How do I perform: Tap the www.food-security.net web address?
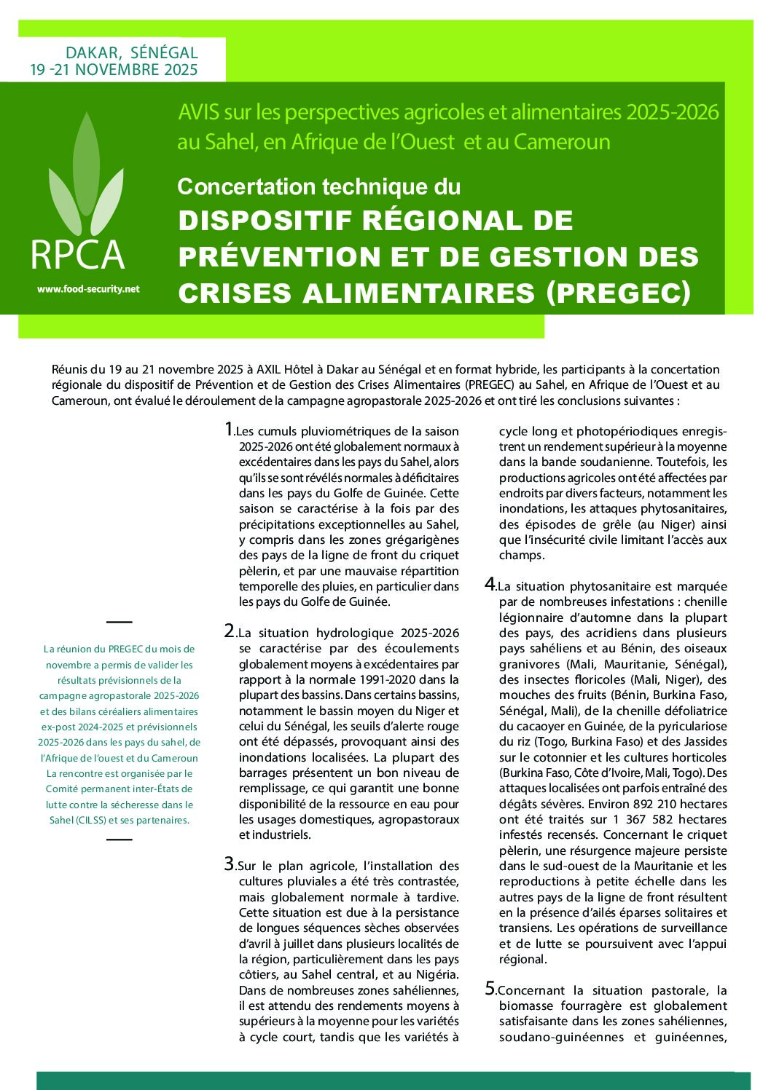pos(88,289)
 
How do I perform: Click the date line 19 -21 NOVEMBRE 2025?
pos(114,70)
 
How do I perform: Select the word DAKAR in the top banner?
pos(92,52)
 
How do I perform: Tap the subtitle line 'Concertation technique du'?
pos(318,187)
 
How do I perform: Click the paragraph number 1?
pos(230,429)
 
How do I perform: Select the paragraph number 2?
pos(230,631)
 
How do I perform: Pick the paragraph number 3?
pos(230,864)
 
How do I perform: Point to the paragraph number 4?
pos(491,584)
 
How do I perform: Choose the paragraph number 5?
pos(491,988)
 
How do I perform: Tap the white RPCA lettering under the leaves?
pos(78,255)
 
